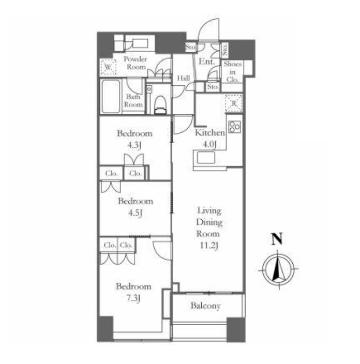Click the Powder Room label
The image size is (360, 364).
(135, 63)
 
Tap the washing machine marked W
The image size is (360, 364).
(108, 67)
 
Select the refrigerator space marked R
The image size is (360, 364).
(234, 103)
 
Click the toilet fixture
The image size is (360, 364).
(160, 105)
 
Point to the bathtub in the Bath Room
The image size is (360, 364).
(111, 97)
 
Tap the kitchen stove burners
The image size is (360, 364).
(235, 127)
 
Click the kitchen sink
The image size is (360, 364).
(206, 158)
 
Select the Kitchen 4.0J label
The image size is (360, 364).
(209, 139)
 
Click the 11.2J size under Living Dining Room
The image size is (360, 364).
(209, 246)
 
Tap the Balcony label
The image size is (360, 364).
(205, 306)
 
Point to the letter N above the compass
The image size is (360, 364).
(277, 239)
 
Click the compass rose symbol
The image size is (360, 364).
(278, 269)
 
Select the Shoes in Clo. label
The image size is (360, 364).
(232, 72)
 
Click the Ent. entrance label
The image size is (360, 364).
(206, 62)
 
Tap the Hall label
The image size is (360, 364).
(184, 78)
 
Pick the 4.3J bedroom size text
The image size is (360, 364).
(134, 145)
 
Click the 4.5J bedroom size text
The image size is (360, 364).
(135, 213)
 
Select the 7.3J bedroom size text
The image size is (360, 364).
(133, 298)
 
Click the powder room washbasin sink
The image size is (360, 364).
(140, 43)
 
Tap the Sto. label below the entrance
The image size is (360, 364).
(213, 87)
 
